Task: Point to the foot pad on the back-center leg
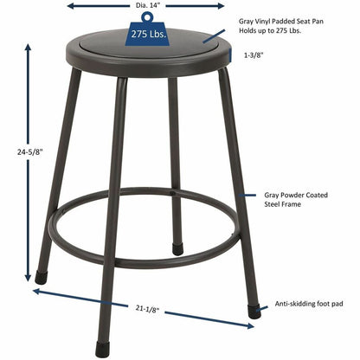177,249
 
